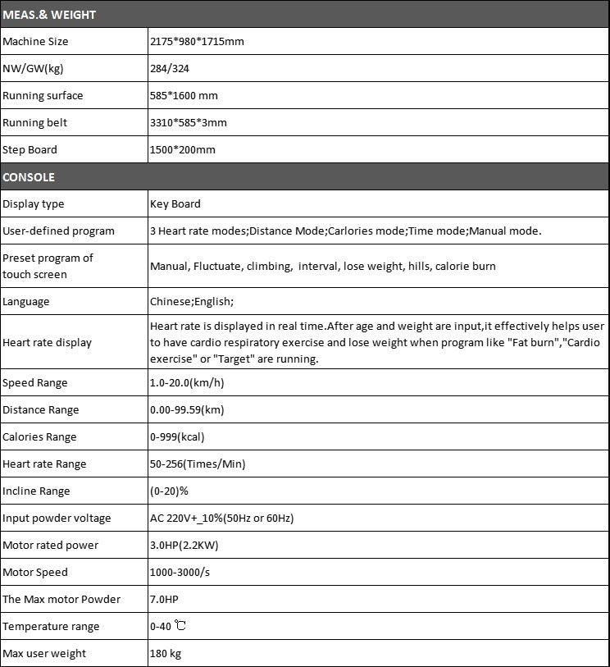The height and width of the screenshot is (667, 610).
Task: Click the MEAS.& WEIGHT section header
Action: click(49, 15)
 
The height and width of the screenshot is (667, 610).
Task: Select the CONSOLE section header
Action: click(29, 177)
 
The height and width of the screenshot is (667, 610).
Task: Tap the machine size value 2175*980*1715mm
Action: click(197, 41)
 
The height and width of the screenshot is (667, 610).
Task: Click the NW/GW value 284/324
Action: click(170, 68)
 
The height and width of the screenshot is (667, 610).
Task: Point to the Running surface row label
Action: click(43, 95)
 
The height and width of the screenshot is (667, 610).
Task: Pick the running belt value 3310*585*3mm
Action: click(189, 122)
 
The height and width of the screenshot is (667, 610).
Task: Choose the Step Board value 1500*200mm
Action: click(183, 150)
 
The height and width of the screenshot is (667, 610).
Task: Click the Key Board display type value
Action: click(175, 203)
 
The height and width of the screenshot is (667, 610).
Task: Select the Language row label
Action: click(26, 301)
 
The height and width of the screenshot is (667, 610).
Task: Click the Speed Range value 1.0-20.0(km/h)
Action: click(187, 382)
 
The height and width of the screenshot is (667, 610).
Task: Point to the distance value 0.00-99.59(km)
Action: click(187, 409)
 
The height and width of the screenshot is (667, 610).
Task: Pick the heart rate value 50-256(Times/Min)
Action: click(198, 464)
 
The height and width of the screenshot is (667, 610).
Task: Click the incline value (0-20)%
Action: click(170, 491)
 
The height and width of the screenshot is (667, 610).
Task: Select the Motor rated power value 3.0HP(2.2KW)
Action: click(184, 545)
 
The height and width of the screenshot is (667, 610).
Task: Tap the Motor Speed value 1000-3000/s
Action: click(180, 572)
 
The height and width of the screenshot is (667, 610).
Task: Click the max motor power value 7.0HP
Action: click(164, 599)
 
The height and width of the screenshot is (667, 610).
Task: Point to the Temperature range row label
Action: click(51, 626)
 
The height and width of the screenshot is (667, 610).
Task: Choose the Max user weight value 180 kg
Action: click(166, 653)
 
